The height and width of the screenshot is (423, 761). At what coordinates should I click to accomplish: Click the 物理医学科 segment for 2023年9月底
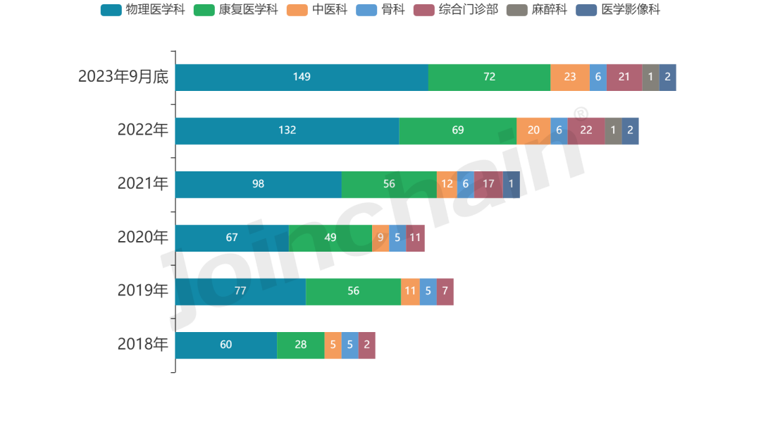tap(302, 77)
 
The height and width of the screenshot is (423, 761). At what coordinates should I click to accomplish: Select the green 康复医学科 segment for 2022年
tap(458, 130)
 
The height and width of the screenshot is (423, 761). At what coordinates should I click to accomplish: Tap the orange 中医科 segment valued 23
tap(570, 77)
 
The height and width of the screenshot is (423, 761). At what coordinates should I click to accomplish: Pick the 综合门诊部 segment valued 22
tap(586, 130)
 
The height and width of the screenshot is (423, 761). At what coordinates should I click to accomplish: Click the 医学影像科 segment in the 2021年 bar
tap(512, 184)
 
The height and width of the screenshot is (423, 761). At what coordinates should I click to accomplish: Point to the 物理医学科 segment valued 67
tap(232, 238)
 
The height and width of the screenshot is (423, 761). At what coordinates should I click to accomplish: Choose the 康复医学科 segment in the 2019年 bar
tap(354, 291)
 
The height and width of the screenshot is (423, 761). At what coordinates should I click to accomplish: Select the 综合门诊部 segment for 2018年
tap(366, 345)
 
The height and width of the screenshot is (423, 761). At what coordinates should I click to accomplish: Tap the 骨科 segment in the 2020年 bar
tap(397, 238)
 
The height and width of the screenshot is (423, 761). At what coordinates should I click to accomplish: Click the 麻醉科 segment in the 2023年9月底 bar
tap(650, 77)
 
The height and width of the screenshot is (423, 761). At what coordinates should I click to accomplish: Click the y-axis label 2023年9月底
tap(123, 77)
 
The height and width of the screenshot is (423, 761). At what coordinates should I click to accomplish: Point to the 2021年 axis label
tap(143, 184)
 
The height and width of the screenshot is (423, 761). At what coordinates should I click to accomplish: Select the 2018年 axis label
tap(143, 345)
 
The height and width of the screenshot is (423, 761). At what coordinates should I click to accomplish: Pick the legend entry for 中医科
tap(318, 10)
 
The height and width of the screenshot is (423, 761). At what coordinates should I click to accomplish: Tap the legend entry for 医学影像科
tap(619, 10)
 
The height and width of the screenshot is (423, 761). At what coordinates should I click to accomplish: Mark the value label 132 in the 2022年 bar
tap(287, 130)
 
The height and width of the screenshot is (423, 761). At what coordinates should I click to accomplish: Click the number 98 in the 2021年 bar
tap(258, 184)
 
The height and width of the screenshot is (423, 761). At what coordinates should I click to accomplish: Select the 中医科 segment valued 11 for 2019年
tap(410, 291)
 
